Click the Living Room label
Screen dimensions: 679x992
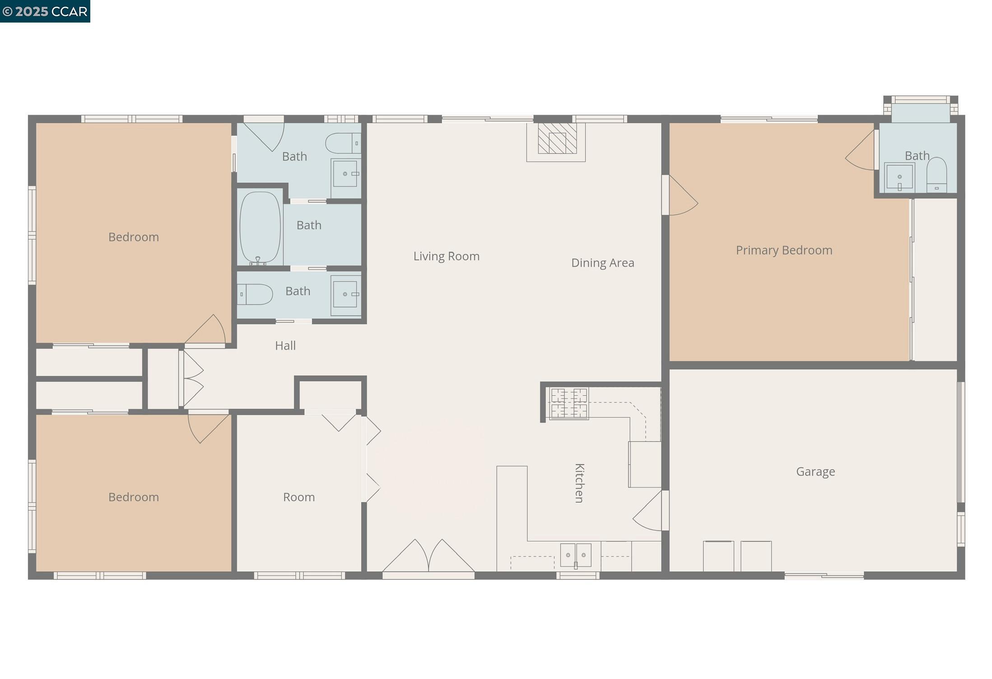pyautogui.click(x=446, y=256)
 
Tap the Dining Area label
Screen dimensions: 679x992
pyautogui.click(x=602, y=263)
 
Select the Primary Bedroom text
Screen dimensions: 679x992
pyautogui.click(x=784, y=250)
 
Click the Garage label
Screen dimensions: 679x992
pyautogui.click(x=815, y=471)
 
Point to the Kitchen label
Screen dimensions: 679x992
pyautogui.click(x=579, y=483)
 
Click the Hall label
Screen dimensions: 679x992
pyautogui.click(x=285, y=346)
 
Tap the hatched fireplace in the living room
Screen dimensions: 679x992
pyautogui.click(x=557, y=139)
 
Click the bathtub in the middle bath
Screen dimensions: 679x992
pyautogui.click(x=260, y=228)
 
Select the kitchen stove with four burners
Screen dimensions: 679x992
pyautogui.click(x=569, y=403)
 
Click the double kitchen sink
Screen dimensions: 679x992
pyautogui.click(x=575, y=555)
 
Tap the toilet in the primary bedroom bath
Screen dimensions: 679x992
pyautogui.click(x=936, y=175)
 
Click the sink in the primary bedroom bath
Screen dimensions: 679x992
pyautogui.click(x=899, y=176)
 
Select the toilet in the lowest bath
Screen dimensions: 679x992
pyautogui.click(x=255, y=294)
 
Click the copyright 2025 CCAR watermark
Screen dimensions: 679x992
pyautogui.click(x=45, y=11)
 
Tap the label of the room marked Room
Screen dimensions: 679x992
pyautogui.click(x=298, y=497)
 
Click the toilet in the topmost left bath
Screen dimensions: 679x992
pyautogui.click(x=343, y=143)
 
